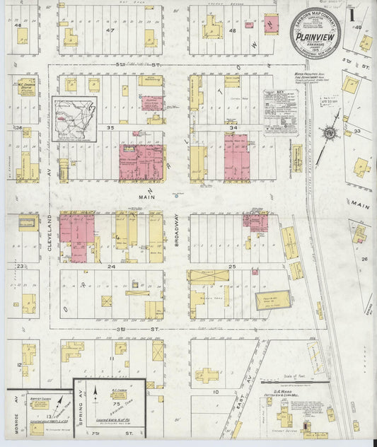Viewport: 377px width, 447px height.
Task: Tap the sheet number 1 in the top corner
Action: point(352,13)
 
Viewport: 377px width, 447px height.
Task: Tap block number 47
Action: point(110,31)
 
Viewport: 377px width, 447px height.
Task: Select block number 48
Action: point(232,31)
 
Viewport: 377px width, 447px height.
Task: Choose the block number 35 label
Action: point(110,128)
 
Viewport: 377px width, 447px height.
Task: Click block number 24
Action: point(110,267)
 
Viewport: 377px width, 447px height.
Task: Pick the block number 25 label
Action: point(233,267)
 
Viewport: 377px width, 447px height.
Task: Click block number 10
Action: point(215,390)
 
